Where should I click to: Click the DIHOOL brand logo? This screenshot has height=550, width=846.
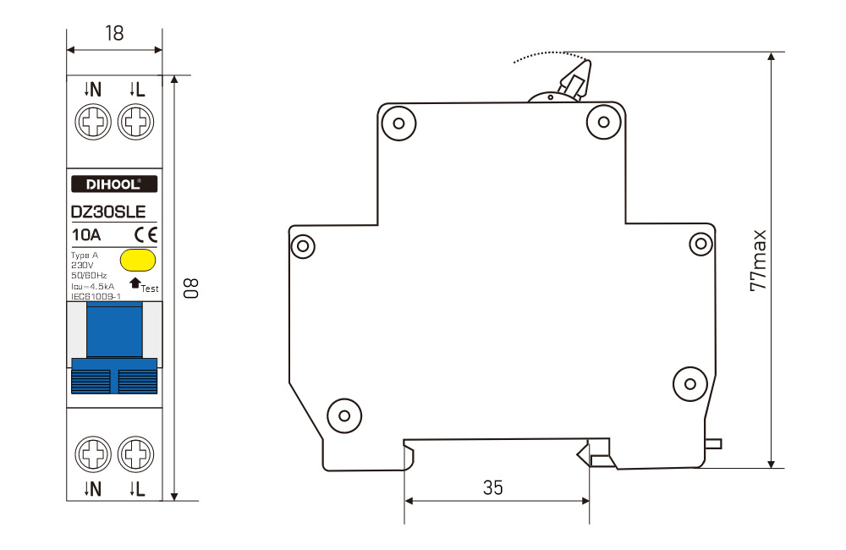click(114, 184)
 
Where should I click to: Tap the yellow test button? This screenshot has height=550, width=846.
click(138, 260)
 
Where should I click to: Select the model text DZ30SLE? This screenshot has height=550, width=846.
click(108, 212)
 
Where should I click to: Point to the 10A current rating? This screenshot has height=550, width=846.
click(86, 234)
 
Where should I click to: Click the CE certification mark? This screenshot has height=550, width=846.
click(146, 234)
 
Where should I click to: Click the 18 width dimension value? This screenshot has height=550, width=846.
click(114, 34)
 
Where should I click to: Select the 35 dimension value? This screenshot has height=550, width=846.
click(492, 487)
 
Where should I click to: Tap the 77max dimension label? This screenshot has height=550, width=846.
click(758, 261)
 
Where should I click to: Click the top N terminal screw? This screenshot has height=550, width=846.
click(93, 122)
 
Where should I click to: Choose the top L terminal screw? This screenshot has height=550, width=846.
click(135, 122)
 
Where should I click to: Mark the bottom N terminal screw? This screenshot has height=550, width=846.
click(93, 454)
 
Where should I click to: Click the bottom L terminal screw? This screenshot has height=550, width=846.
click(135, 454)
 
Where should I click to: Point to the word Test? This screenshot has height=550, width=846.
click(150, 289)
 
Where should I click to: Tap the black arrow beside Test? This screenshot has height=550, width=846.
click(135, 283)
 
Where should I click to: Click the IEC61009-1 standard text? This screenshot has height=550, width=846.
click(96, 296)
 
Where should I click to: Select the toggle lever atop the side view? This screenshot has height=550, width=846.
click(575, 80)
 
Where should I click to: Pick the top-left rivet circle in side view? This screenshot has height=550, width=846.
click(398, 123)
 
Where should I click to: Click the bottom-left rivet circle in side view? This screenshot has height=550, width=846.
click(344, 415)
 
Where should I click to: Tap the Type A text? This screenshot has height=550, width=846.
click(85, 256)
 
